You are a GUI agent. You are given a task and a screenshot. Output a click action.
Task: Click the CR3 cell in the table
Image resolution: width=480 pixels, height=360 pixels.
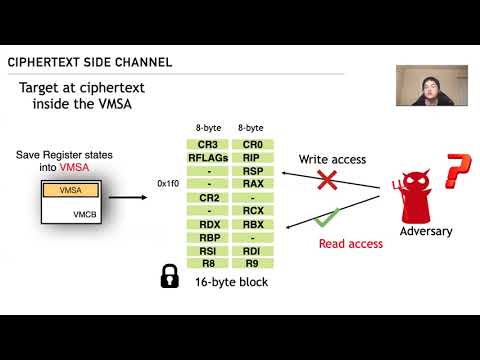tap(209, 144)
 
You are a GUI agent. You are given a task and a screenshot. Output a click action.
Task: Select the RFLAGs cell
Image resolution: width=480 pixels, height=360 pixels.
tap(209, 157)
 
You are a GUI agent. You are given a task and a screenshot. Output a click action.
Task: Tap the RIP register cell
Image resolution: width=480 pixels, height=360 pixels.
tap(251, 157)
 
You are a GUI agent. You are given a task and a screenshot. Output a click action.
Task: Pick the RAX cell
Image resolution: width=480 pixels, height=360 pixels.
tap(251, 183)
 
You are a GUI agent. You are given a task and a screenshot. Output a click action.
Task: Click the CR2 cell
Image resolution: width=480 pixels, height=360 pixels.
tap(209, 197)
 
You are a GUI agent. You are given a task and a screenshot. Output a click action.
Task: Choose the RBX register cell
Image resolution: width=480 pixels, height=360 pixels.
tap(251, 223)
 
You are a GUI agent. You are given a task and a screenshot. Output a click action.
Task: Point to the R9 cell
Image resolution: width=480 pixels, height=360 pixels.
tap(251, 262)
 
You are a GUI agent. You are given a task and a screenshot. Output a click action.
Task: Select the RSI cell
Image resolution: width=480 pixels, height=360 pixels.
tap(209, 250)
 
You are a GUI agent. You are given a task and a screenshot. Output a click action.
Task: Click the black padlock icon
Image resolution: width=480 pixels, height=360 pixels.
tap(170, 276)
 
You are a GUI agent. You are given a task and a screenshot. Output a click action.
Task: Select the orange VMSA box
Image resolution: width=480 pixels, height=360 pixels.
tap(70, 189)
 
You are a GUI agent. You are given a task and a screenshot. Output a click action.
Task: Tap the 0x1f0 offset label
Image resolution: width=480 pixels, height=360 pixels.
tap(169, 184)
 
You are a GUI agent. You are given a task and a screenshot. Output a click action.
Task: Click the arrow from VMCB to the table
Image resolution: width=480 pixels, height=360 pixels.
tap(126, 197)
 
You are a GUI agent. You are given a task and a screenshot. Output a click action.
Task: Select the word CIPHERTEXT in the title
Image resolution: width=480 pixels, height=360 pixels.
tap(47, 62)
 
